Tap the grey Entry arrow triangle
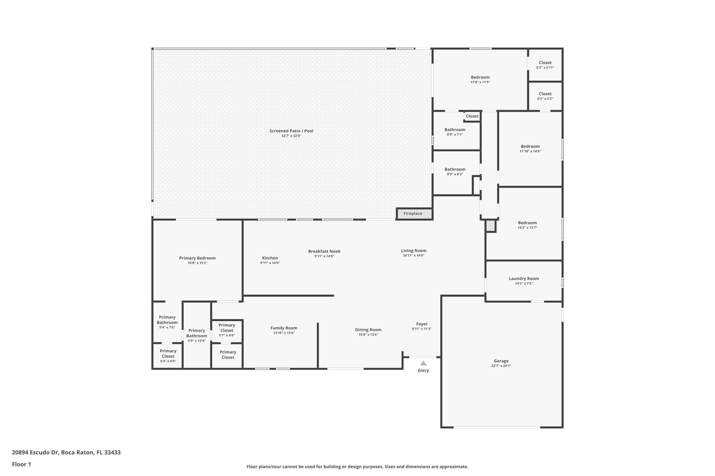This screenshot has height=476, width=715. [x=423, y=363]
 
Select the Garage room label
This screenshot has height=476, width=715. [x=501, y=361]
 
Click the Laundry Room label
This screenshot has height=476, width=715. [x=524, y=279]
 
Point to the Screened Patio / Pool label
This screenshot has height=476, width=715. [x=291, y=131]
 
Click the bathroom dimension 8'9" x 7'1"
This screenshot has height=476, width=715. [x=455, y=134]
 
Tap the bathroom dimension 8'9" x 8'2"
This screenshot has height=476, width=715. [x=455, y=174]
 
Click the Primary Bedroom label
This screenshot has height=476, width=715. [x=197, y=258]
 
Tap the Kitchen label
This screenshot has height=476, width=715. [x=270, y=258]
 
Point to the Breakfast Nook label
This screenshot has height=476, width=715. [x=324, y=251]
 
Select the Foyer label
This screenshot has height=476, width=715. [x=422, y=324]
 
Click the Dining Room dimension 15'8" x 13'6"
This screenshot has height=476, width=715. [x=368, y=334]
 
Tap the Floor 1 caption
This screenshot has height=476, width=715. [x=21, y=464]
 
